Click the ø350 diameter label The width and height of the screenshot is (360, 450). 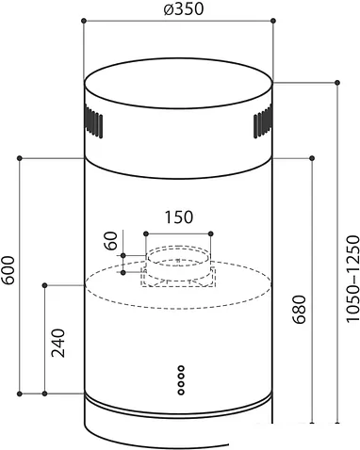click(x=183, y=8)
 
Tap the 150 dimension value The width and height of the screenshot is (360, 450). click(x=178, y=217)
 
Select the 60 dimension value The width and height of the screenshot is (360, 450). click(x=110, y=241)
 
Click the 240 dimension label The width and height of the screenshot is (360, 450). click(x=58, y=343)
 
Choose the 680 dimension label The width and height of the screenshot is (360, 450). click(x=299, y=309)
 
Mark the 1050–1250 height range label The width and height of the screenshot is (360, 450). click(x=352, y=279)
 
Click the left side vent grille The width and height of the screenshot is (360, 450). click(x=93, y=121)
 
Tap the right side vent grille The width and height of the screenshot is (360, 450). click(x=263, y=121)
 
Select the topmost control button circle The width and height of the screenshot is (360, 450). click(x=181, y=368)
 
